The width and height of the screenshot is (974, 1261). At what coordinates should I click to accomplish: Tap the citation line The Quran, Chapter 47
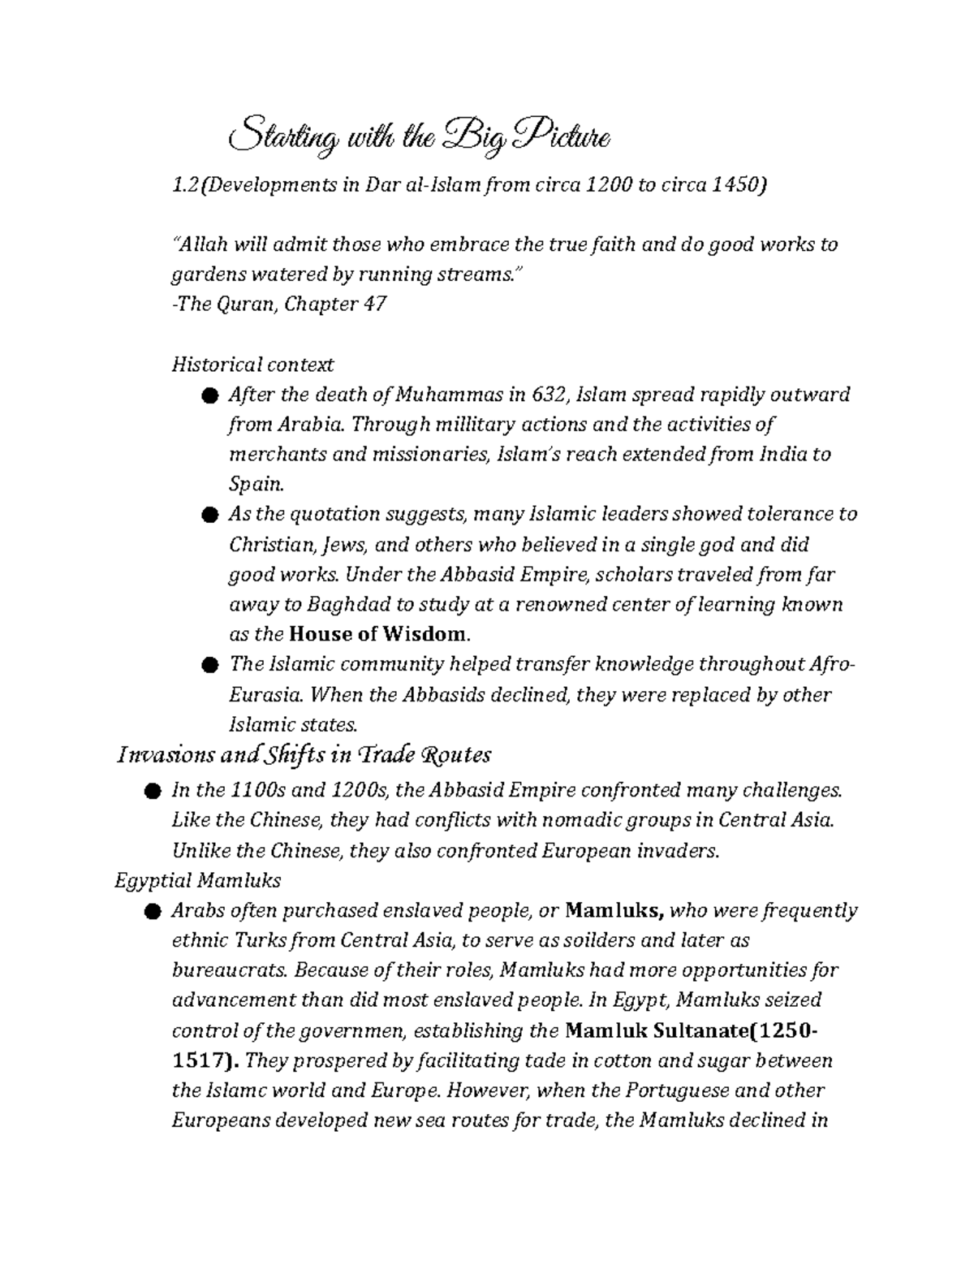coord(278,304)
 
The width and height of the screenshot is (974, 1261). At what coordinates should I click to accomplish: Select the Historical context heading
coord(252,365)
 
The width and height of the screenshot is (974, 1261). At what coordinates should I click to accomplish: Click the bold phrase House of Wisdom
coord(378,634)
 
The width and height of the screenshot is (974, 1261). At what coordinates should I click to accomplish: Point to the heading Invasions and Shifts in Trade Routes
coord(304,755)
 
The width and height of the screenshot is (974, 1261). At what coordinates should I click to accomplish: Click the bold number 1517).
coord(205,1061)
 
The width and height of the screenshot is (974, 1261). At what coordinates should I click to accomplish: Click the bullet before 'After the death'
coord(209,395)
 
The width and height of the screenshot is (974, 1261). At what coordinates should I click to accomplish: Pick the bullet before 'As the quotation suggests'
coord(209,515)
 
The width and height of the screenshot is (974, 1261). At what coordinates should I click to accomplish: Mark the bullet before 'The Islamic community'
coord(209,665)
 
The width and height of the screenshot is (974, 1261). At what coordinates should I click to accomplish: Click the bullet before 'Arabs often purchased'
coord(152,912)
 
